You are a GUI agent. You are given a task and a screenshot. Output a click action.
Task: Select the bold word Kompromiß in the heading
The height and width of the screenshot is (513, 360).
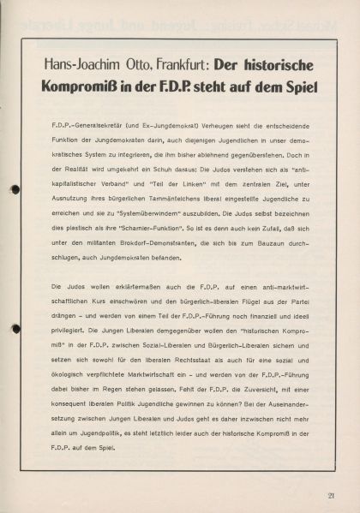pos(88,88)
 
